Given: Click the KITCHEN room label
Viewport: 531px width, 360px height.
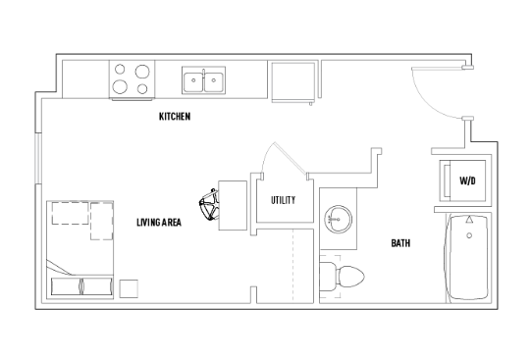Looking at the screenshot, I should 175,117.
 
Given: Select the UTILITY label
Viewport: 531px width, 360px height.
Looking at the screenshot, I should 284,201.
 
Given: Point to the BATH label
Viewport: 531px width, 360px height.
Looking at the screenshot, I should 400,243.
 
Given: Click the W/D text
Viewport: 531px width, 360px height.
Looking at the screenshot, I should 468,181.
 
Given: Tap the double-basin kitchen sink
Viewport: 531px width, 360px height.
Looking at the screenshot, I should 204,80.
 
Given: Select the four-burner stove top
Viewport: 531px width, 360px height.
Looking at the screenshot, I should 132,80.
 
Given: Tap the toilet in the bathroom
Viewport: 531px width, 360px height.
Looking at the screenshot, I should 345,275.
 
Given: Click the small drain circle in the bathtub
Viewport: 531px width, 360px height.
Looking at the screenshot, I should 469,235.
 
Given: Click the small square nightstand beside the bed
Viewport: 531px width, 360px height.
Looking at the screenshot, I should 128,286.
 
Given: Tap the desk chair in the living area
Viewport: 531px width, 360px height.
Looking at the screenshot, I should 208,208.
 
